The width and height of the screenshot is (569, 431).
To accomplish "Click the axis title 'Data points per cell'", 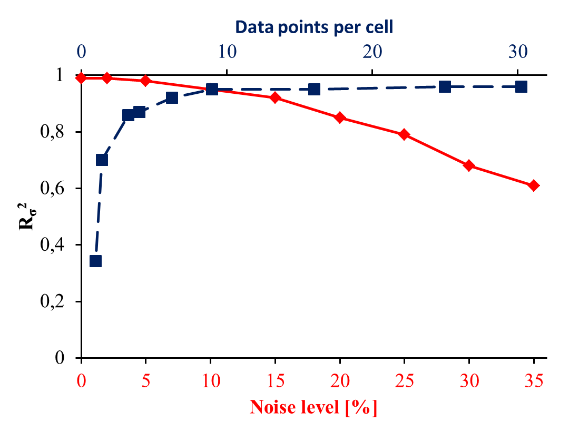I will pos(314,26).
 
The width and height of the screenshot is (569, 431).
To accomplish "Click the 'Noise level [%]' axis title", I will pos(313,407).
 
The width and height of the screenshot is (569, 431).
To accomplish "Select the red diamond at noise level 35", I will pos(534,185).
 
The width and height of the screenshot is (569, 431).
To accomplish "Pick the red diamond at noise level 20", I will pos(340,117).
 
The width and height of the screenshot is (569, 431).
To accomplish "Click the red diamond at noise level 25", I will pos(404,134).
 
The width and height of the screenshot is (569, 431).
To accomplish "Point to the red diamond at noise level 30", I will pos(469,165).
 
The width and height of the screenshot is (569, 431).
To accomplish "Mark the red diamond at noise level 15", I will pos(275,97).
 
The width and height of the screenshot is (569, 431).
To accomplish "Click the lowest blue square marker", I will pos(95,261).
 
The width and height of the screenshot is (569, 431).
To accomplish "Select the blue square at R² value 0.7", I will pos(102,160).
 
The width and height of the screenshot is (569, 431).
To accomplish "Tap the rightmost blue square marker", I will pos(521,86).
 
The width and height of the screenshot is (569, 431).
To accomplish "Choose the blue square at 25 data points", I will pos(445,86).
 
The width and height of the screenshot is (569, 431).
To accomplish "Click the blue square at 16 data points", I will pos(314,89).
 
